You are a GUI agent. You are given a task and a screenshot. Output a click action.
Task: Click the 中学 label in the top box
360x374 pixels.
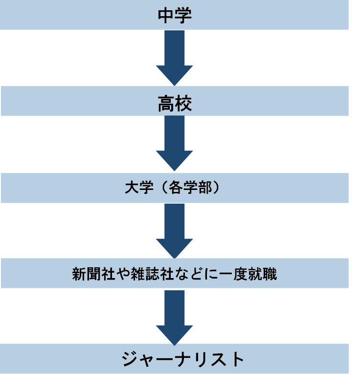175,15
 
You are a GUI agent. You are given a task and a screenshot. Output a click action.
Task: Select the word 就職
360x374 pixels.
266,274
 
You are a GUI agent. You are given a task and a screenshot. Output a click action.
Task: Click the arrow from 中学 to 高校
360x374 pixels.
175,58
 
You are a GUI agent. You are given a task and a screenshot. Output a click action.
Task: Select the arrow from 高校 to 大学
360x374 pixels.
175,143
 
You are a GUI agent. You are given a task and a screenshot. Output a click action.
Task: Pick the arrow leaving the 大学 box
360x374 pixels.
175,230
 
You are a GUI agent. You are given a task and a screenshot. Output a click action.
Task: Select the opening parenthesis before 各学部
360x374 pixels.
158,188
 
